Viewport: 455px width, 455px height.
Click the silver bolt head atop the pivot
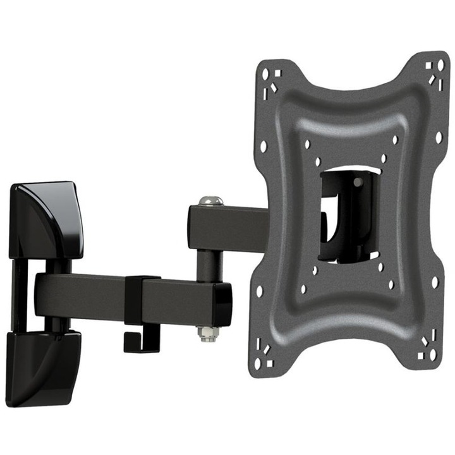210,201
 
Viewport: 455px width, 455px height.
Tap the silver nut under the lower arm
207,332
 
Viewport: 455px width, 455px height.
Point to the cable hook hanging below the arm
136,335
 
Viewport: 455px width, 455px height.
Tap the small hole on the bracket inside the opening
358,183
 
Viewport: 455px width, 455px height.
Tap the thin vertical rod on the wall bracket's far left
18,297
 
